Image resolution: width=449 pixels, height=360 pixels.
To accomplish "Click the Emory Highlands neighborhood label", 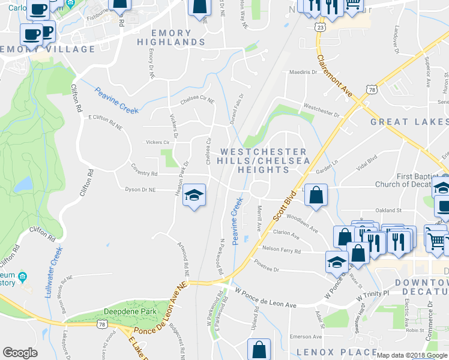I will click(x=171, y=37).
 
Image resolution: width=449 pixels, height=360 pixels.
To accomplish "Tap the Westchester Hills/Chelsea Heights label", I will click(x=264, y=161).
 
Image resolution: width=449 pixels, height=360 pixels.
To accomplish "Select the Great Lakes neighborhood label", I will click(x=409, y=122).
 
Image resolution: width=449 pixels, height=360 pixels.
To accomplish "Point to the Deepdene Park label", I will click(x=130, y=312).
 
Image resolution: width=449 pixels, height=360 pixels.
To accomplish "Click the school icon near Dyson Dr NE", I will click(x=194, y=195).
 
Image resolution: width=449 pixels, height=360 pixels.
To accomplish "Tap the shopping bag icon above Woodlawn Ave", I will click(x=316, y=194).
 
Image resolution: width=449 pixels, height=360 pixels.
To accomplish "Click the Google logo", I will click(x=20, y=353).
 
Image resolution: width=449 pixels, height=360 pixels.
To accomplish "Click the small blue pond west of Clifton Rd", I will click(x=23, y=185).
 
